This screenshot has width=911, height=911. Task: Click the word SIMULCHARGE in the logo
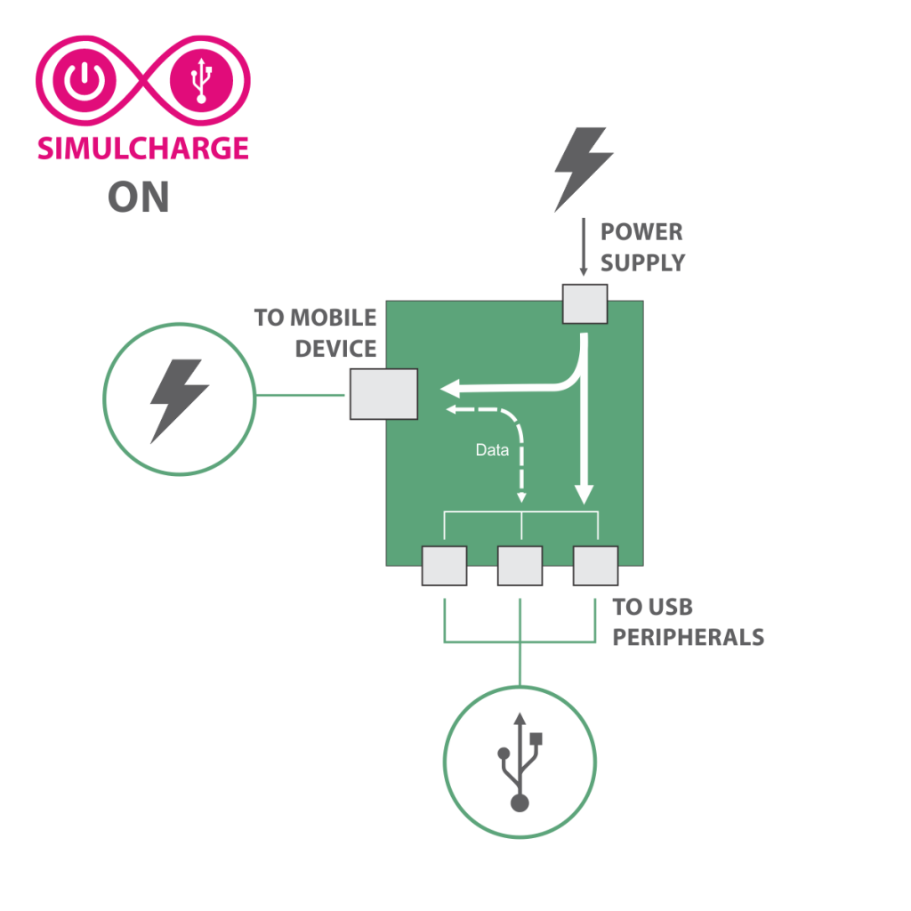(x=142, y=148)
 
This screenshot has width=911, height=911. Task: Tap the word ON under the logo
(x=139, y=198)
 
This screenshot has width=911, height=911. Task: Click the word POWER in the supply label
(x=641, y=232)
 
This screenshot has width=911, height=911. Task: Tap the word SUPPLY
(x=642, y=262)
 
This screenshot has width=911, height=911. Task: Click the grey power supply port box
(x=585, y=303)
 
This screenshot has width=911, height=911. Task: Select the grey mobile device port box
(x=383, y=393)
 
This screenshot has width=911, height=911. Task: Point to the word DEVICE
(x=336, y=348)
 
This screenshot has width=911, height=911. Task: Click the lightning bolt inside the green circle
(x=179, y=399)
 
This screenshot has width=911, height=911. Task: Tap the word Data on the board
(x=492, y=450)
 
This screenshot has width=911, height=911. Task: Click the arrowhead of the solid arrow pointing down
(x=584, y=493)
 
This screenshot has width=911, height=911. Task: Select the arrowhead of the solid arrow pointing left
(x=451, y=388)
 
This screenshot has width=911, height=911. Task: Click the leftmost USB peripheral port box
(x=444, y=565)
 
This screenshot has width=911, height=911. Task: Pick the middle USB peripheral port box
(x=520, y=565)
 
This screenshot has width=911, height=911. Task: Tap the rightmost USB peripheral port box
(x=595, y=565)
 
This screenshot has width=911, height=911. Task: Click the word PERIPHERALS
(x=688, y=638)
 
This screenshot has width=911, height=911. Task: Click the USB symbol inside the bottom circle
(x=520, y=762)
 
